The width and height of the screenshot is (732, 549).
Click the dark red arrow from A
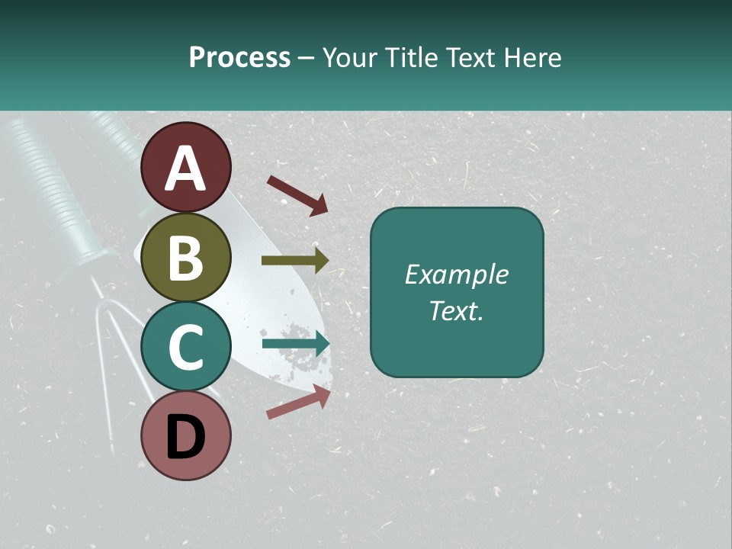click(x=297, y=194)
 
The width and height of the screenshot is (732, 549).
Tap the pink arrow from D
click(x=298, y=402)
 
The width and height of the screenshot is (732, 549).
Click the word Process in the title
click(x=239, y=57)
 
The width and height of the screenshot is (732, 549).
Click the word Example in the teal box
click(x=456, y=274)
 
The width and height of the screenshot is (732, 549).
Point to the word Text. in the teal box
click(x=456, y=310)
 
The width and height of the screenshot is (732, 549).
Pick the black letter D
click(x=185, y=438)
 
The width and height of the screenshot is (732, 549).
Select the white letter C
click(x=185, y=346)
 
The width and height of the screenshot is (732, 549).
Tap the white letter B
click(x=185, y=258)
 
